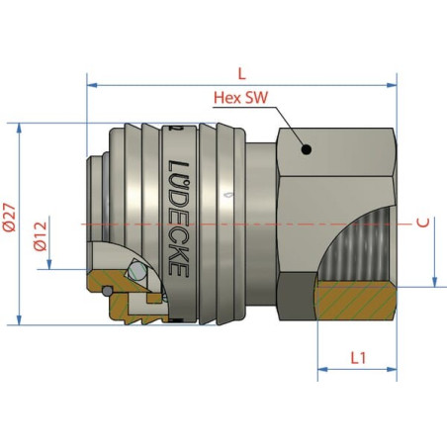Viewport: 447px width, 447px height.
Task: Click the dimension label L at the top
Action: tap(242, 74)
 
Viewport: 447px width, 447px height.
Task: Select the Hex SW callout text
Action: tap(241, 98)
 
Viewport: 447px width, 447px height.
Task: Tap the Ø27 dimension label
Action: tap(10, 218)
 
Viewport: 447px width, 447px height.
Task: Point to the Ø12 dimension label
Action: tap(41, 236)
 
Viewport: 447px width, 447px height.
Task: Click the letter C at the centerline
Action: tap(423, 223)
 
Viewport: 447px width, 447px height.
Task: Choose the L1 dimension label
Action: tap(358, 358)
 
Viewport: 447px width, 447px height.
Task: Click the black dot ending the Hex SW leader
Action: tap(307, 150)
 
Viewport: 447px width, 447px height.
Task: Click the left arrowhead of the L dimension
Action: tap(92, 85)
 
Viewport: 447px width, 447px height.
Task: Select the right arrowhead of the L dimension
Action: tap(392, 85)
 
